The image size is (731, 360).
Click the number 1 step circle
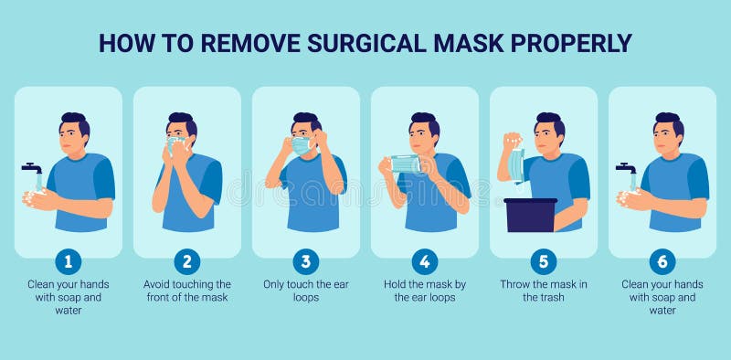[x=69, y=261]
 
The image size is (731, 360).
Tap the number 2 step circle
[x=187, y=261]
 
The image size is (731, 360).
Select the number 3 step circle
[x=306, y=261]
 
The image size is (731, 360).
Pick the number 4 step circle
[x=425, y=261]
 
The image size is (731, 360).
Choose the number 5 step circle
[x=544, y=261]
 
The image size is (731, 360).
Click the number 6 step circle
[x=662, y=261]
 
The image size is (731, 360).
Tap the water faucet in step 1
[x=32, y=168]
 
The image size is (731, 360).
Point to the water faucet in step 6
[x=626, y=168]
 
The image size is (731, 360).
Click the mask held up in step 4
[x=405, y=164]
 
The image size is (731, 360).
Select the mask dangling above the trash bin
[x=517, y=164]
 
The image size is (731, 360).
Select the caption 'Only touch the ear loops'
[x=306, y=291]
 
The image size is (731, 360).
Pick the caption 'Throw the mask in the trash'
[x=544, y=291]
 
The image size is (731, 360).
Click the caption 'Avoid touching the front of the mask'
[x=187, y=291]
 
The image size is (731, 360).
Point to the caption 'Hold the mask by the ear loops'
[x=425, y=291]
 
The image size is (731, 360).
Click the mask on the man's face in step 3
[x=300, y=145]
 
